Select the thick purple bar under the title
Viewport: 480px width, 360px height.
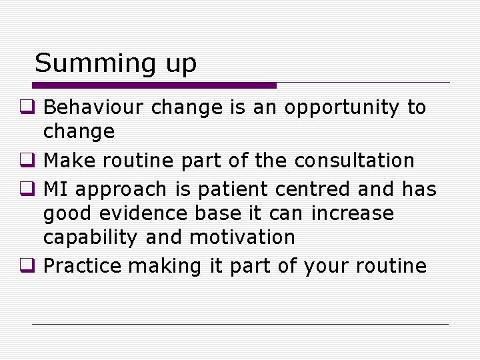click(154, 85)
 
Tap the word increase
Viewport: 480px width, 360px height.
click(353, 214)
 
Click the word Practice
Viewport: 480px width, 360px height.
click(83, 267)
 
